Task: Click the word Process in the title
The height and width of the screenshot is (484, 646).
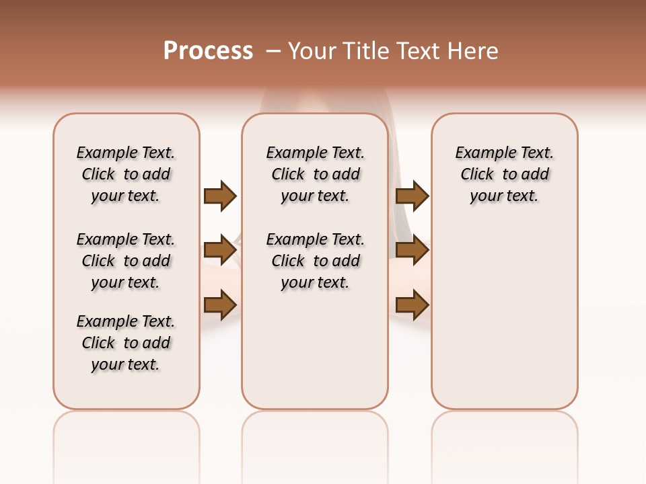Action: (x=208, y=50)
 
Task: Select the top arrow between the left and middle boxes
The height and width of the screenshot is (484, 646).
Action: (x=220, y=196)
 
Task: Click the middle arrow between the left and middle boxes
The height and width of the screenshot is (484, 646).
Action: (x=220, y=251)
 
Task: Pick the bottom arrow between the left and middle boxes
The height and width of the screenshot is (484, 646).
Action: (x=220, y=305)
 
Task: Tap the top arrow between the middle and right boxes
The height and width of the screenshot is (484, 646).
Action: (x=412, y=196)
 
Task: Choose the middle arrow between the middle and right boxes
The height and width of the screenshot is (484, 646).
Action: (x=412, y=251)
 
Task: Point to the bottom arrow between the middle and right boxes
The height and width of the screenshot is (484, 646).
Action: (x=412, y=305)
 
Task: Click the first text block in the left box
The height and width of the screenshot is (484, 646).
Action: (x=126, y=174)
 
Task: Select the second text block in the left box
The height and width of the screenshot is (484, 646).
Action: (x=126, y=261)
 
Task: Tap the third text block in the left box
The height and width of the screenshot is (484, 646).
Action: (x=126, y=343)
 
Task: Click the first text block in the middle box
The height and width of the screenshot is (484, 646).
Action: (x=316, y=174)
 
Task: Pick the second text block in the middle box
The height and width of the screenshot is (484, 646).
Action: (x=316, y=261)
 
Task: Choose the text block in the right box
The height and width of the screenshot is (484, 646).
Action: (x=505, y=174)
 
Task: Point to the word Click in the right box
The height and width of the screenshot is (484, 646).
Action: (x=477, y=174)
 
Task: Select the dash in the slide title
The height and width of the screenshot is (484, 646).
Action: (x=273, y=50)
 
